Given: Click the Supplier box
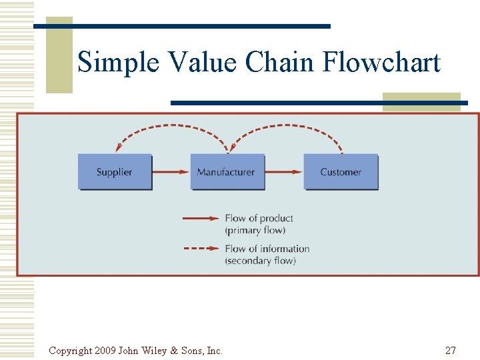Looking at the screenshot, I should pyautogui.click(x=115, y=172).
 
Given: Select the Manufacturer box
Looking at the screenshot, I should pyautogui.click(x=227, y=172).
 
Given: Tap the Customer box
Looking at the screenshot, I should pyautogui.click(x=341, y=172).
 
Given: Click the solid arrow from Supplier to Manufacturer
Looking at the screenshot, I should pyautogui.click(x=171, y=172).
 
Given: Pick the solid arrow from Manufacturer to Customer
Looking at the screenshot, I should pyautogui.click(x=284, y=172).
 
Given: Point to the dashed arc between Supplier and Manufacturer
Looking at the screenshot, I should pyautogui.click(x=172, y=127).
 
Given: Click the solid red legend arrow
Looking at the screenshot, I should pyautogui.click(x=201, y=218).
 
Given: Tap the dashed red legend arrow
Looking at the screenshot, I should pyautogui.click(x=201, y=249).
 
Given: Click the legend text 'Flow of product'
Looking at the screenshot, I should pyautogui.click(x=259, y=218).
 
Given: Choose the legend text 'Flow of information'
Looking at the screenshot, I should pyautogui.click(x=267, y=249).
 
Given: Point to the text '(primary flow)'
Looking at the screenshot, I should pyautogui.click(x=255, y=230).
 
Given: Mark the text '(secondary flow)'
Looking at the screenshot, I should pyautogui.click(x=260, y=261).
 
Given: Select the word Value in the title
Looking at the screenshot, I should pyautogui.click(x=203, y=63).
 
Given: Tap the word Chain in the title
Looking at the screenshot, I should pyautogui.click(x=281, y=63).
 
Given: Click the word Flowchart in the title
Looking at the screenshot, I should pyautogui.click(x=381, y=63).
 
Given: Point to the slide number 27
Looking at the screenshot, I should pyautogui.click(x=450, y=351).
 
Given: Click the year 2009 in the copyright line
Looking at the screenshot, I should pyautogui.click(x=105, y=351).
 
